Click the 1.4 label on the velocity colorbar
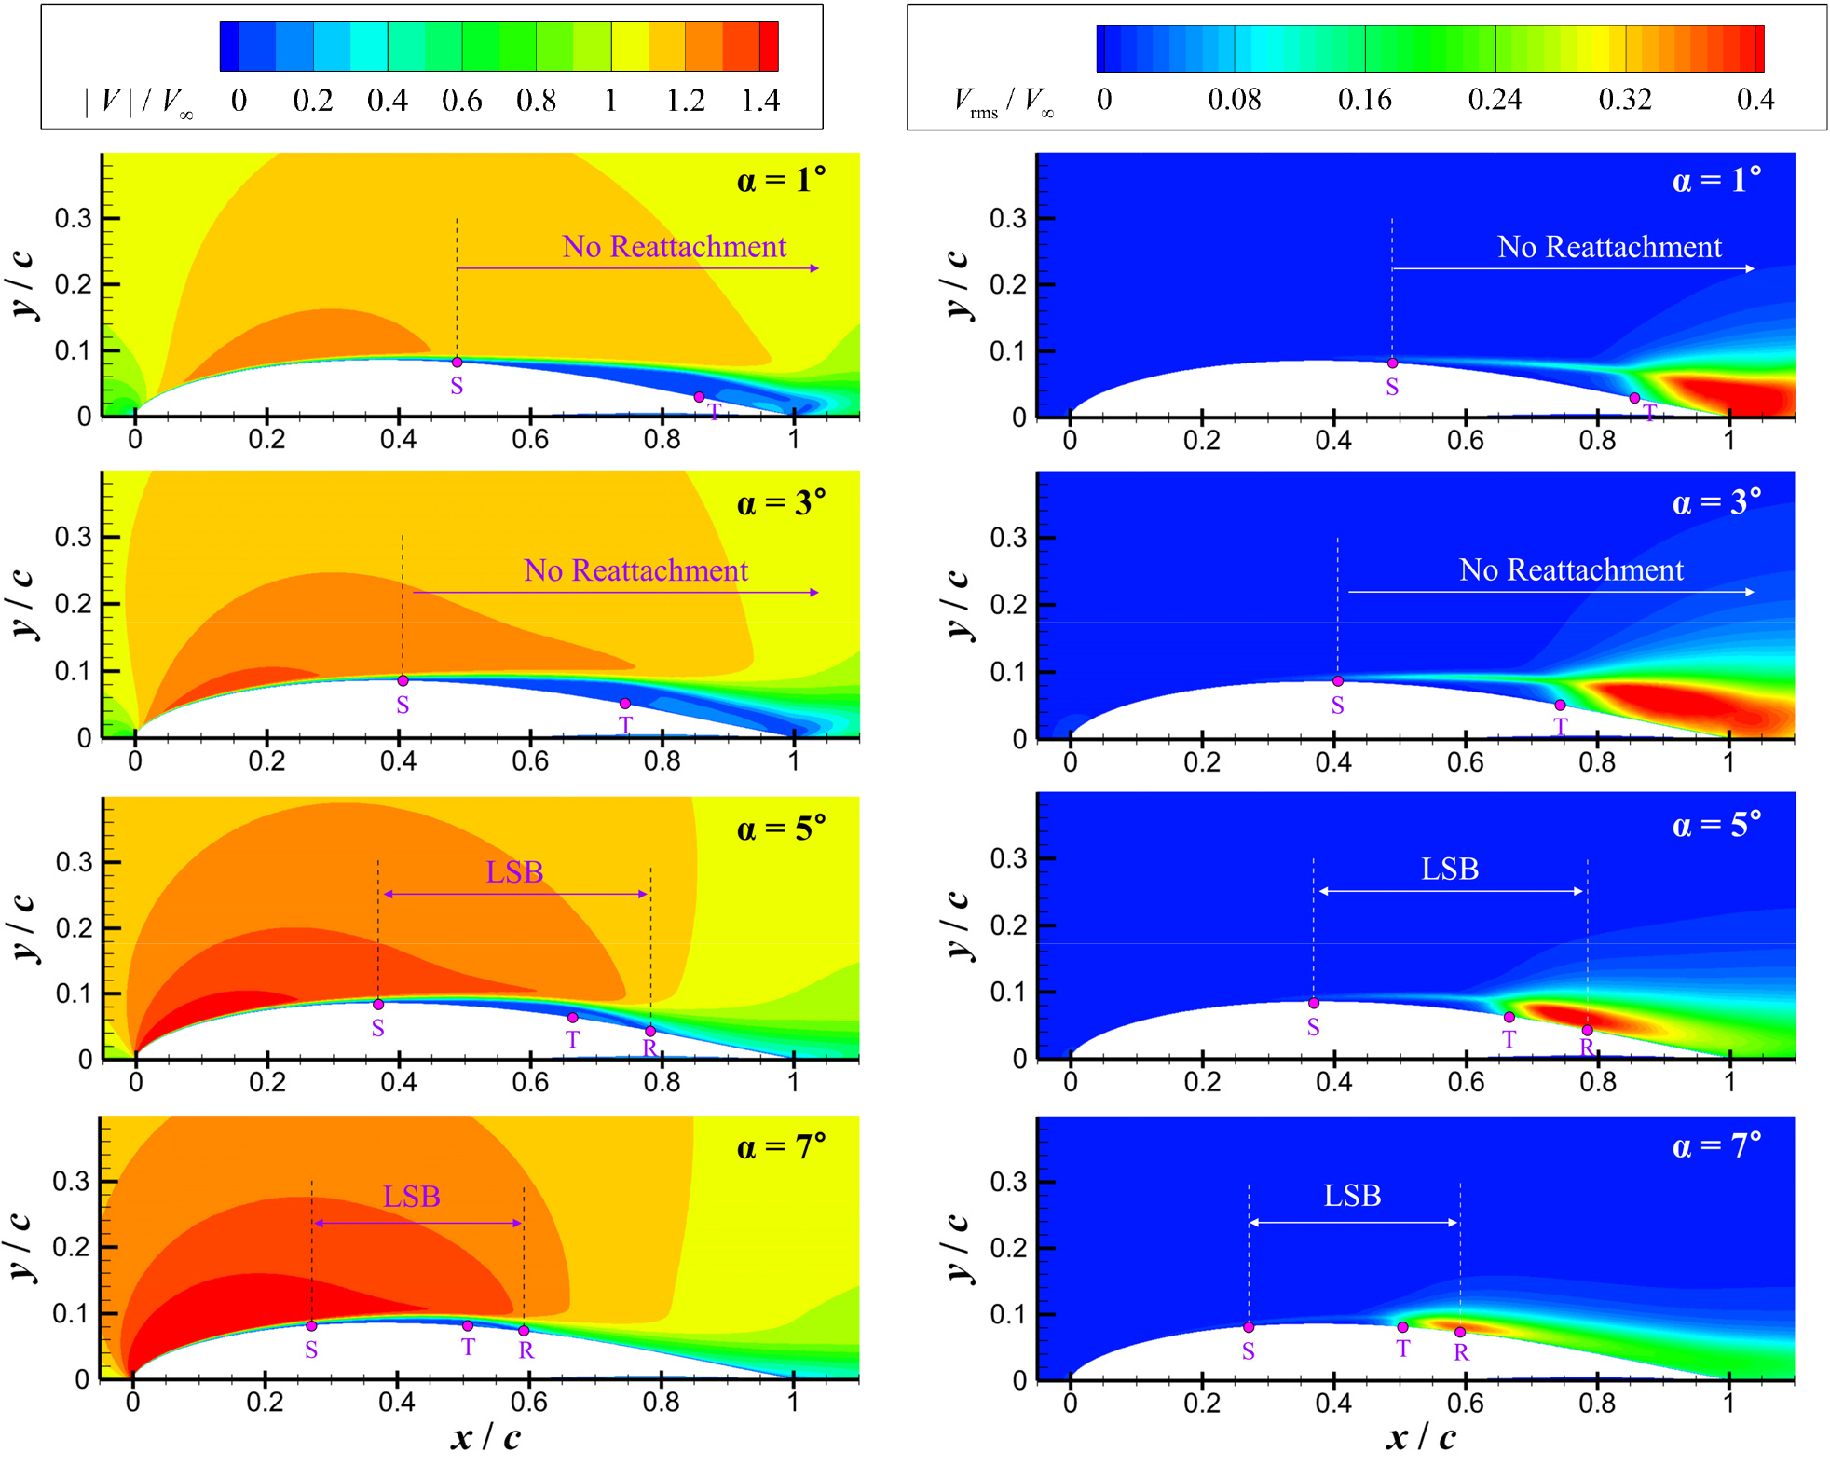[x=760, y=101]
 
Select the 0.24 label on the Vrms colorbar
[x=1495, y=100]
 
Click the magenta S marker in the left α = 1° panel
[x=457, y=363]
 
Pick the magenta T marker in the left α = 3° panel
[x=625, y=704]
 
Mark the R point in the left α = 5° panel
[x=650, y=1031]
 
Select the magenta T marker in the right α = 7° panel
[x=1402, y=1327]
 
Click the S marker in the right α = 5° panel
[x=1314, y=1004]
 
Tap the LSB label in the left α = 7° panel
[x=411, y=1197]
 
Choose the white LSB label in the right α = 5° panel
[x=1449, y=870]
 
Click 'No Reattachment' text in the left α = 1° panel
[x=674, y=247]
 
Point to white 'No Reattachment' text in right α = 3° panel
[x=1571, y=570]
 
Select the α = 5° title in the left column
[x=781, y=829]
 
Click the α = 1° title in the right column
[x=1716, y=180]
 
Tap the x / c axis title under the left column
[x=485, y=1437]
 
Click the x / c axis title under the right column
[x=1420, y=1437]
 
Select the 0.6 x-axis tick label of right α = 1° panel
[x=1465, y=440]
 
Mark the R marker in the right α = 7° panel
[x=1460, y=1332]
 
